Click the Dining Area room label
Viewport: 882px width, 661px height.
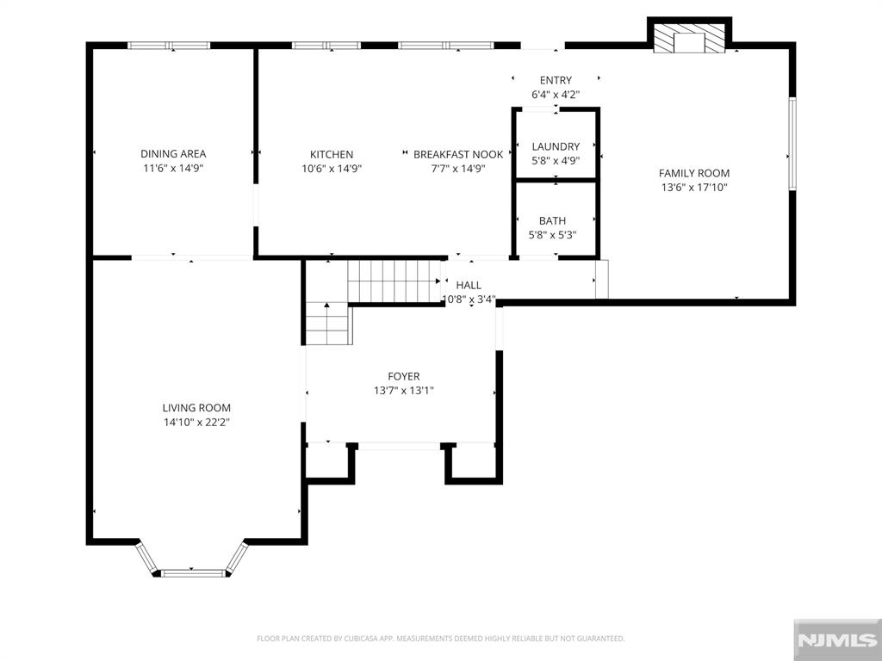(x=173, y=153)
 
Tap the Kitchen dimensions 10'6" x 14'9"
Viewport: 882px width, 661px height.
(x=332, y=168)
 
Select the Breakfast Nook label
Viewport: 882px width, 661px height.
(x=458, y=154)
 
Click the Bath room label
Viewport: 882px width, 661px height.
(x=552, y=221)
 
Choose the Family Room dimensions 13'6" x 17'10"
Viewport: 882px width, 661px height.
(x=694, y=187)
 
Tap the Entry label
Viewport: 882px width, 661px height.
(x=556, y=80)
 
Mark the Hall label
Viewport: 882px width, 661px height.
(x=469, y=285)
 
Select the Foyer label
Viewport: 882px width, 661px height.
(x=403, y=376)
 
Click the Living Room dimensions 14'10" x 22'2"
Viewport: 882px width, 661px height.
(x=197, y=422)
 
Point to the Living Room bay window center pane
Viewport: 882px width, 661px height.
(x=193, y=573)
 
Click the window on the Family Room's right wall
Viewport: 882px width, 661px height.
(x=792, y=144)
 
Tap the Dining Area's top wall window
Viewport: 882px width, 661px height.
(x=169, y=46)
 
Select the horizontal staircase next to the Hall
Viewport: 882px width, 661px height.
(x=394, y=281)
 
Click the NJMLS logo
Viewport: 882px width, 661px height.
(x=837, y=639)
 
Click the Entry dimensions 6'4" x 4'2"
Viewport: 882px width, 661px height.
(x=556, y=95)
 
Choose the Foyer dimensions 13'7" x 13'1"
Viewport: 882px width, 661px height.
(x=403, y=390)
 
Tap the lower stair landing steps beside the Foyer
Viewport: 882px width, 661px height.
(x=329, y=324)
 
